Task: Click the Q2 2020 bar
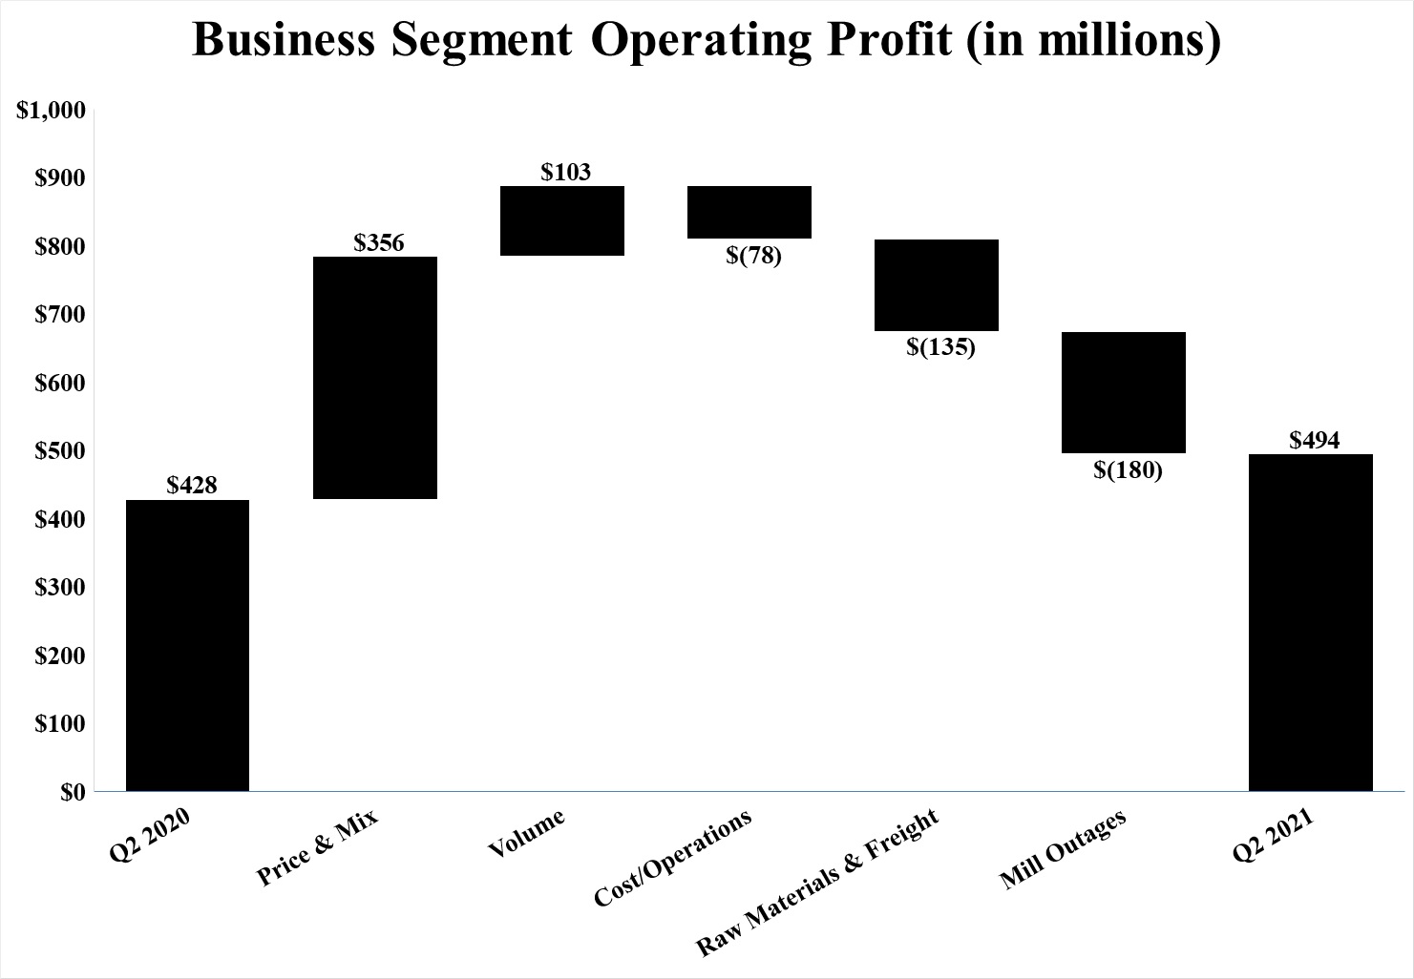click(187, 645)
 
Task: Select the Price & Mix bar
click(375, 378)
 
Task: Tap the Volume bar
click(562, 220)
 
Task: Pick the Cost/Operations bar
click(749, 212)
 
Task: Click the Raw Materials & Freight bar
click(937, 285)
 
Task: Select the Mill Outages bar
click(1124, 392)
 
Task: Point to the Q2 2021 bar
click(1311, 622)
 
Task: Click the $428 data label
click(192, 486)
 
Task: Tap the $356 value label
click(379, 242)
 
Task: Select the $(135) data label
click(940, 347)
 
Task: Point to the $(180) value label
click(1128, 469)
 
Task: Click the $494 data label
click(1315, 440)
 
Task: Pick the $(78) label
click(753, 256)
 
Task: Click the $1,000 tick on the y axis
click(52, 111)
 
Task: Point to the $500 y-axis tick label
click(59, 450)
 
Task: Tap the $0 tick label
click(73, 792)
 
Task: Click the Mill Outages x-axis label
click(1064, 849)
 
